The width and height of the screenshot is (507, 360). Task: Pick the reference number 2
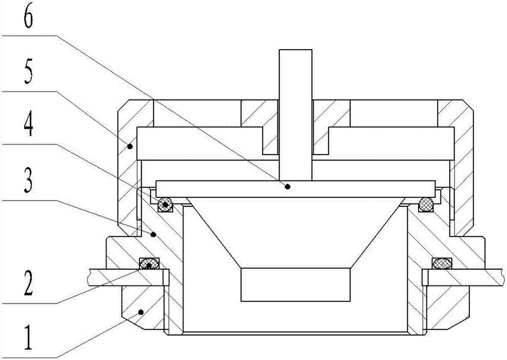28,283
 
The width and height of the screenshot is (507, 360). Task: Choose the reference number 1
28,338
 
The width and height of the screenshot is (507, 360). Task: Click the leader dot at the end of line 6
287,186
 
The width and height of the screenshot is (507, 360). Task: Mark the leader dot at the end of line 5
130,147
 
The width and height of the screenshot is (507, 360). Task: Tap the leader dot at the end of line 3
154,234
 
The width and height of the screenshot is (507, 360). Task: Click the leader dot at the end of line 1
140,312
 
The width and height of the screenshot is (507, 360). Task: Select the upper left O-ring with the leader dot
165,204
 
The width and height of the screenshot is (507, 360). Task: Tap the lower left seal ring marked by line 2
150,263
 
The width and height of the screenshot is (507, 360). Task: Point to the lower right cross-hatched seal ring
442,263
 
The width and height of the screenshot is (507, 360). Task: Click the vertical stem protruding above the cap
296,115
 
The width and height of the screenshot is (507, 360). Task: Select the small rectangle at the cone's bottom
296,284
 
